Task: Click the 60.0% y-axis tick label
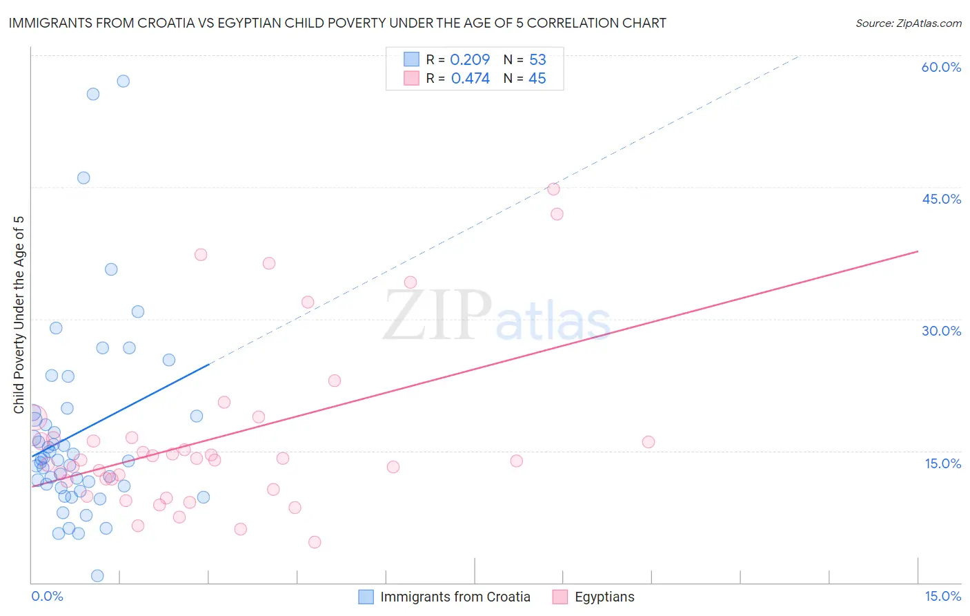(941, 67)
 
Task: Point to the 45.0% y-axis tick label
(941, 199)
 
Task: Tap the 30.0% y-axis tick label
(941, 331)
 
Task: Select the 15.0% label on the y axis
(942, 463)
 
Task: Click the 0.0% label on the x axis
(47, 596)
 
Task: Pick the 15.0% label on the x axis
(942, 596)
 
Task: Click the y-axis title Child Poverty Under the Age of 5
(19, 315)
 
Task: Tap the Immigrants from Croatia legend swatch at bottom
(366, 597)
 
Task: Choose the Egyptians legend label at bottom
(604, 597)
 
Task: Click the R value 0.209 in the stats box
(470, 59)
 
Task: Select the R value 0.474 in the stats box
(470, 79)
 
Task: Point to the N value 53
(537, 59)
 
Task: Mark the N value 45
(537, 79)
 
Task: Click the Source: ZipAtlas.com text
(908, 23)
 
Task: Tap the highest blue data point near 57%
(123, 81)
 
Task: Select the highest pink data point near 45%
(553, 189)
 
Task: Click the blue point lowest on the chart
(97, 576)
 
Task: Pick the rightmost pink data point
(649, 442)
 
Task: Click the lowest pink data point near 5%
(315, 542)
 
